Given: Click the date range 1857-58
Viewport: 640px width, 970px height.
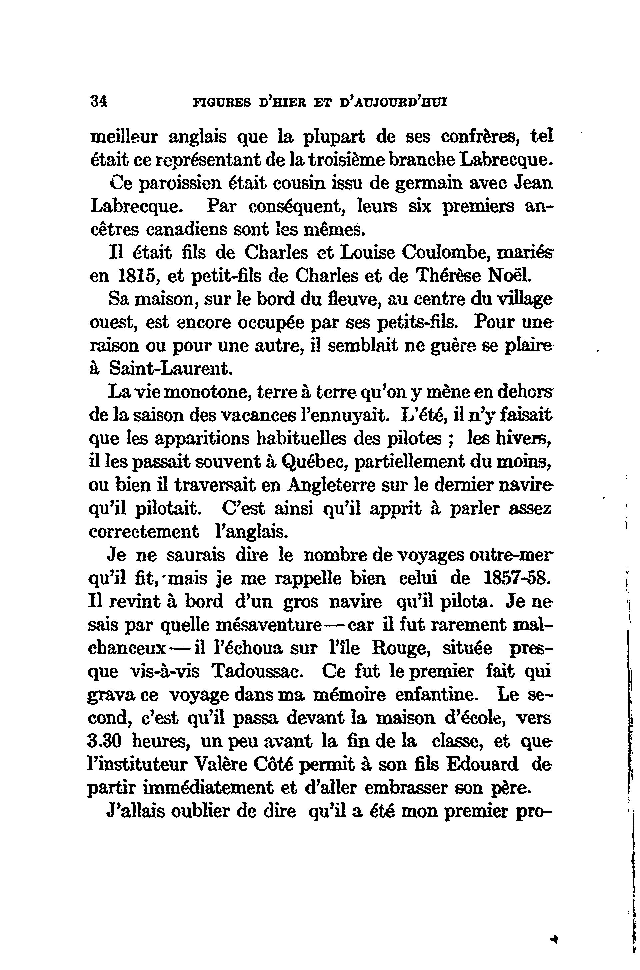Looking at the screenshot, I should (517, 579).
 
